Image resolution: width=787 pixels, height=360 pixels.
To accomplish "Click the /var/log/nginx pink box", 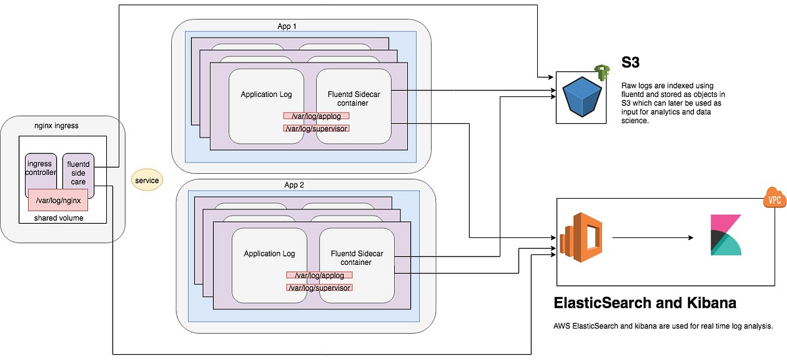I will point(58,200).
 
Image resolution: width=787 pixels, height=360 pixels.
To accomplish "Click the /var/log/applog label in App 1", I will point(316,116).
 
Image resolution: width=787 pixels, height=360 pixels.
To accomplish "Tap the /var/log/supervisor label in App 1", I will point(316,128).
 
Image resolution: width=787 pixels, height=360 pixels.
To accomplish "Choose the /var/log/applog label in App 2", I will point(319,275).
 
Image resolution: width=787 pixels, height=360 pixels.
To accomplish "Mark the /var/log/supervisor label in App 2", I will point(319,287).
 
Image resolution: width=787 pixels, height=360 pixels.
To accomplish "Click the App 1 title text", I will point(291,26).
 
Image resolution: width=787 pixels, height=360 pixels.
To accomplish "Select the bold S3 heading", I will point(631,64).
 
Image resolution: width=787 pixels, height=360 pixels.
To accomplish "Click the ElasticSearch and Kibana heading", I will point(645,304).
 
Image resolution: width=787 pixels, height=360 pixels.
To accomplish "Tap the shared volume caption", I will point(59,218).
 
